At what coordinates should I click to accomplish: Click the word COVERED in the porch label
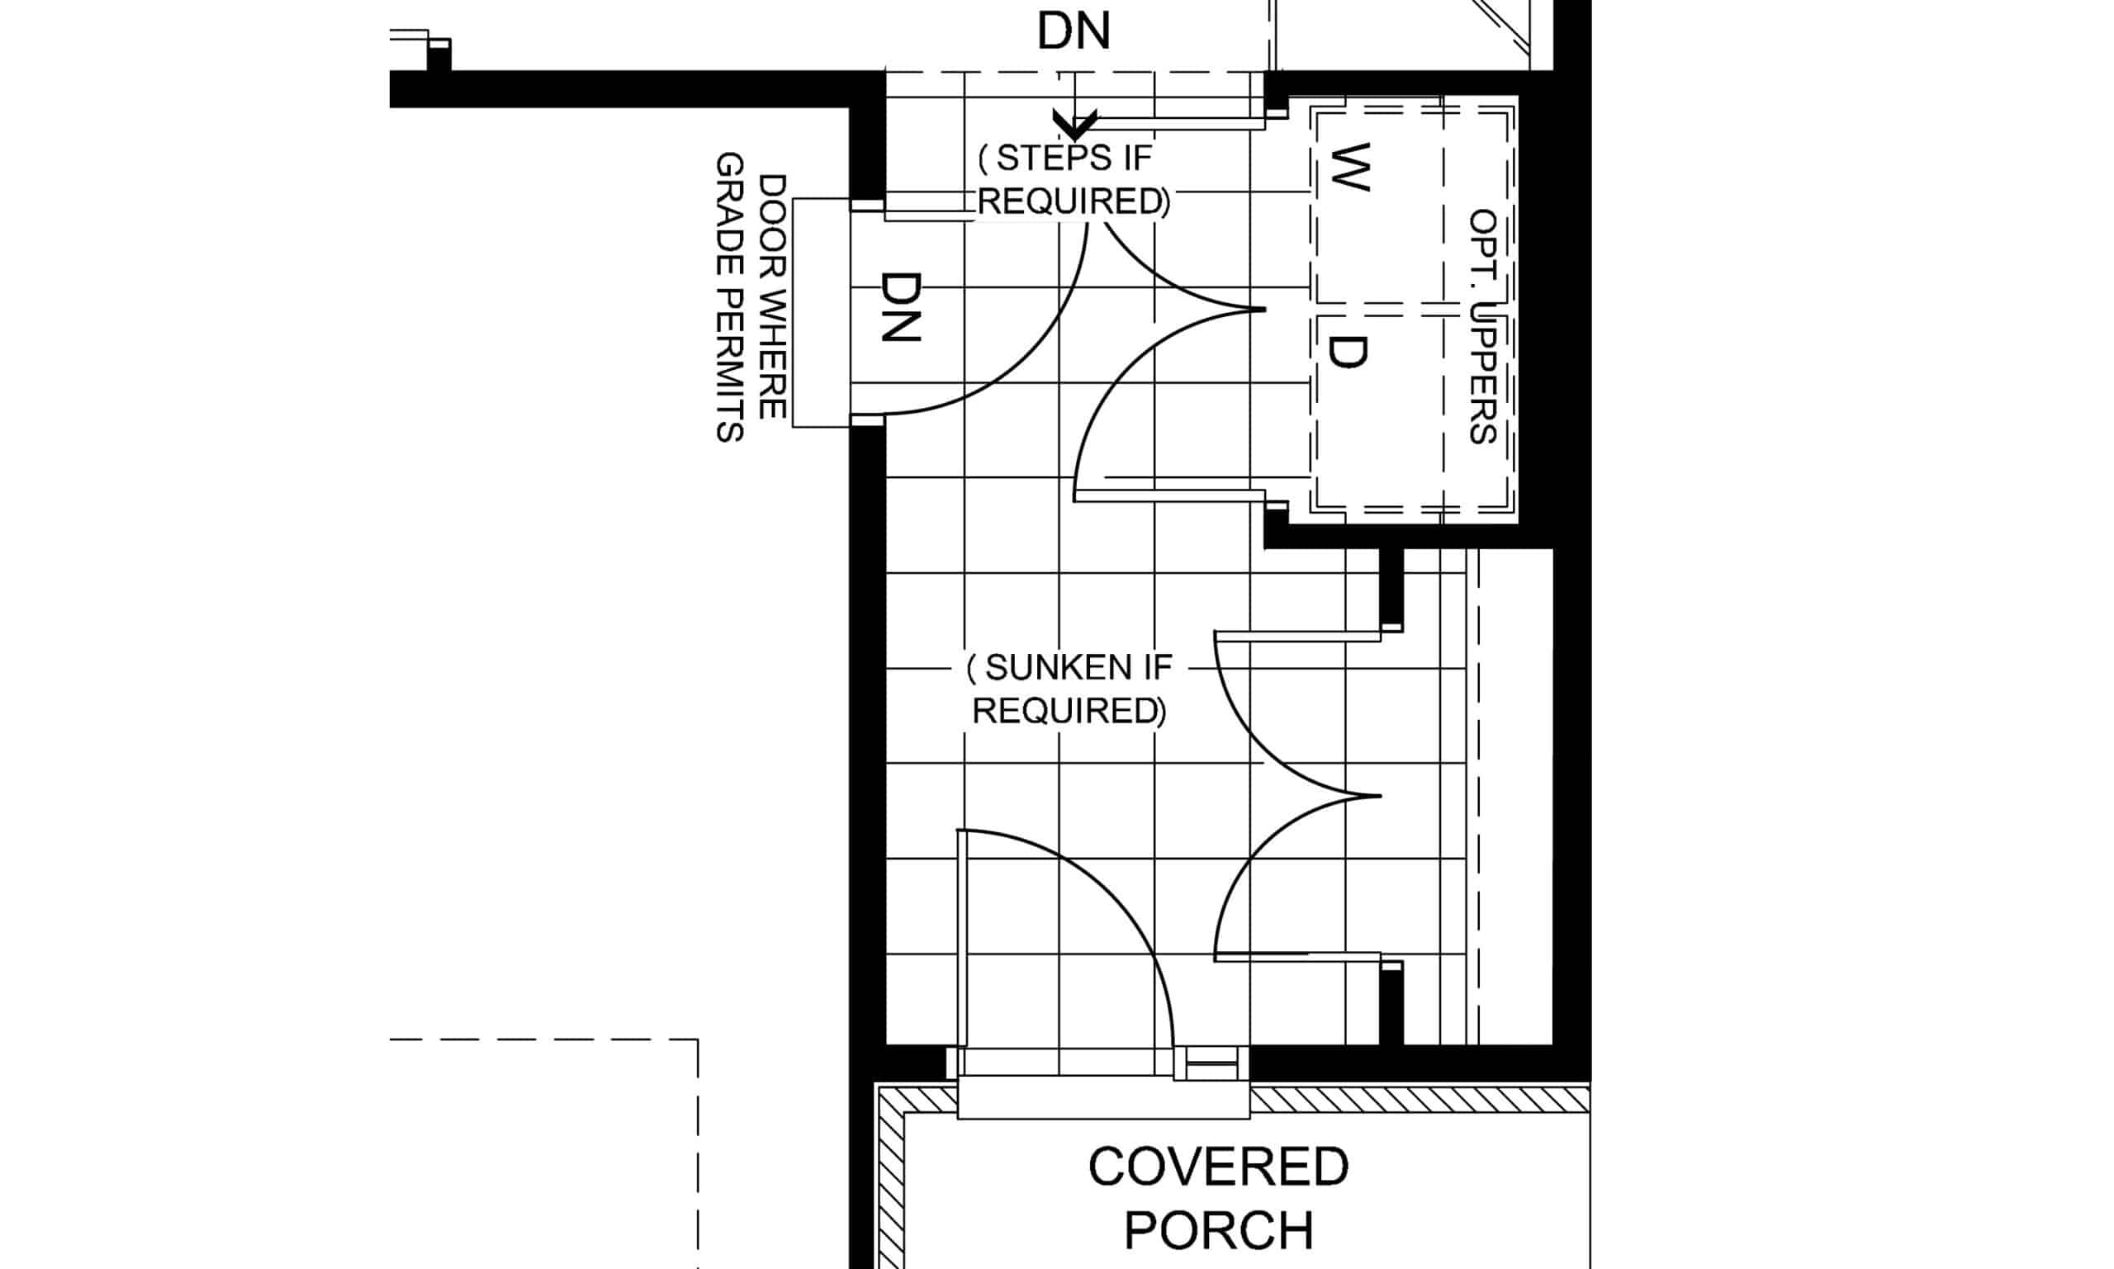coord(1218,1167)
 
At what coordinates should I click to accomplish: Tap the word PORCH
coord(1218,1230)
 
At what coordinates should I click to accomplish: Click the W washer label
coord(1351,167)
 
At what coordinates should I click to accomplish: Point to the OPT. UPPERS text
coord(1482,328)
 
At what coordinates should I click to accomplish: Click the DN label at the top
coord(1074,31)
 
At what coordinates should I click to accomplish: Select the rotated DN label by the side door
coord(902,306)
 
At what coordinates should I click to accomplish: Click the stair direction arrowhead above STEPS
coord(1075,125)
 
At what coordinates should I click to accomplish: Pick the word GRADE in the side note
coord(728,215)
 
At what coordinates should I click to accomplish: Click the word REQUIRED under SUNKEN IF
coord(1068,712)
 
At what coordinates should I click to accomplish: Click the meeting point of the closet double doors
coord(1378,796)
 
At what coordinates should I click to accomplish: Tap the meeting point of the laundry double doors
coord(1263,310)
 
